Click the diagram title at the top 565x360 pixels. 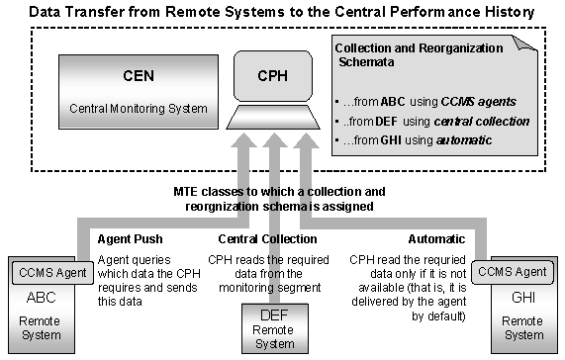(x=282, y=12)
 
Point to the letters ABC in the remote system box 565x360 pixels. (x=42, y=295)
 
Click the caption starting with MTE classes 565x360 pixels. (x=283, y=198)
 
